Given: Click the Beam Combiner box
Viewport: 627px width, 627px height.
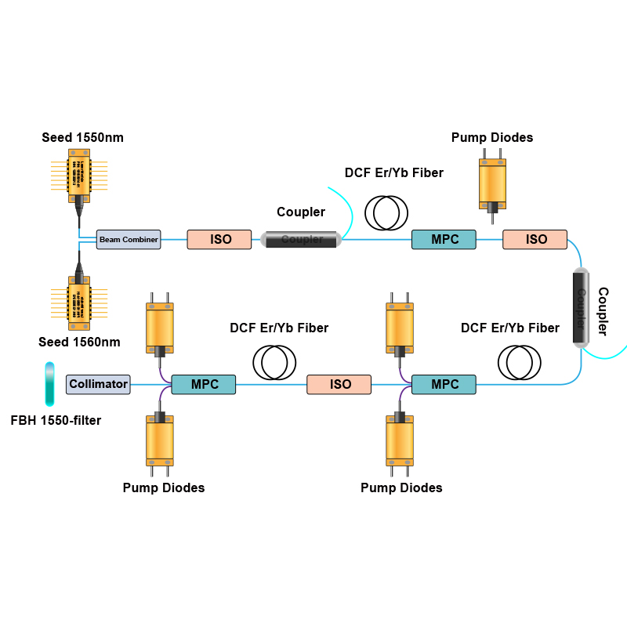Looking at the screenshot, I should [x=129, y=239].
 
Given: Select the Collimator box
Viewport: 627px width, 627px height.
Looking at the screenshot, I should [x=98, y=384].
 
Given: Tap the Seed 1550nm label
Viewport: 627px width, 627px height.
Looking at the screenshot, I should [x=82, y=138].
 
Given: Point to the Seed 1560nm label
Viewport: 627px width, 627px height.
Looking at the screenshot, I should [x=79, y=342].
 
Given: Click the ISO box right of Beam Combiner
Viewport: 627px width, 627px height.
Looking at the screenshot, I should [x=219, y=239].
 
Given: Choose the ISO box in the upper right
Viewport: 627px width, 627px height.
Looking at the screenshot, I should [x=535, y=239].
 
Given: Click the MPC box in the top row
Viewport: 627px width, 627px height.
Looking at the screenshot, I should [x=444, y=239].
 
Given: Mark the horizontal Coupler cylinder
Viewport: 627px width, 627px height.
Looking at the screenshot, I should [x=302, y=239].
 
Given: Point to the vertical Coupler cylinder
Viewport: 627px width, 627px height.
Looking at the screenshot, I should [x=581, y=306].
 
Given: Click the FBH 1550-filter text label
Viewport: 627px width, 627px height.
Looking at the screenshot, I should [x=56, y=420].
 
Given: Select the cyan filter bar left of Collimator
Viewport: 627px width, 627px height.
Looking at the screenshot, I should [x=50, y=383].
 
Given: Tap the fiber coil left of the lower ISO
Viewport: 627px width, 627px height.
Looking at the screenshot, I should [x=274, y=361].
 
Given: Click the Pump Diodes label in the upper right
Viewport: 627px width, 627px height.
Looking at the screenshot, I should [x=492, y=138].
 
